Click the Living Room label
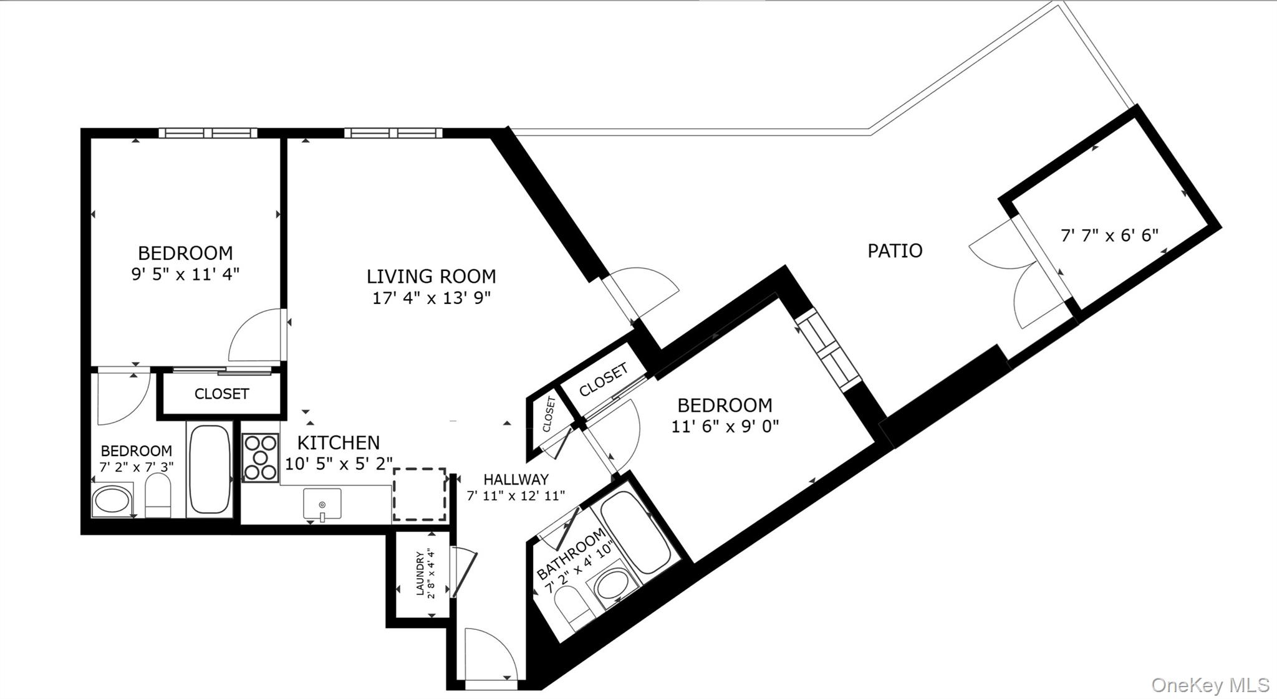click(x=431, y=276)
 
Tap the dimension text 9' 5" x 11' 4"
click(x=185, y=274)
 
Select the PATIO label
click(x=895, y=250)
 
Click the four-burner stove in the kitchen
click(x=261, y=458)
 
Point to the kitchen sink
click(x=322, y=504)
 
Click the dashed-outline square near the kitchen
click(x=419, y=495)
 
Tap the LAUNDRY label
click(x=420, y=574)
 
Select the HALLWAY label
click(x=516, y=479)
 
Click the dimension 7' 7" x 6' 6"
click(x=1109, y=235)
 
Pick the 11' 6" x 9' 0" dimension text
click(x=725, y=427)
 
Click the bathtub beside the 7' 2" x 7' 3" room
click(x=210, y=468)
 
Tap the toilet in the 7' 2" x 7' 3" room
click(x=158, y=496)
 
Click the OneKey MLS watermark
click(x=1210, y=685)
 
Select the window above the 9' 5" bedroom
click(x=208, y=133)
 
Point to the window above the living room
click(x=393, y=133)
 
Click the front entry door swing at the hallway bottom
click(x=491, y=654)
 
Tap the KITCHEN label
click(x=339, y=443)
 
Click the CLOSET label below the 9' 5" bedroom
click(x=222, y=394)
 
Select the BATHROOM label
click(x=571, y=554)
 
